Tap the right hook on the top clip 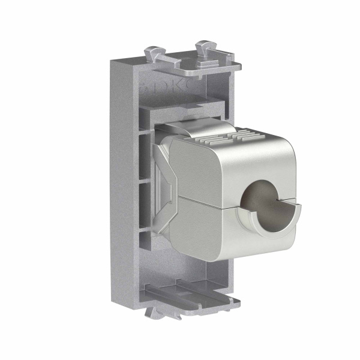pyautogui.click(x=205, y=47)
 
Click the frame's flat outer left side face pyautogui.click(x=123, y=180)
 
